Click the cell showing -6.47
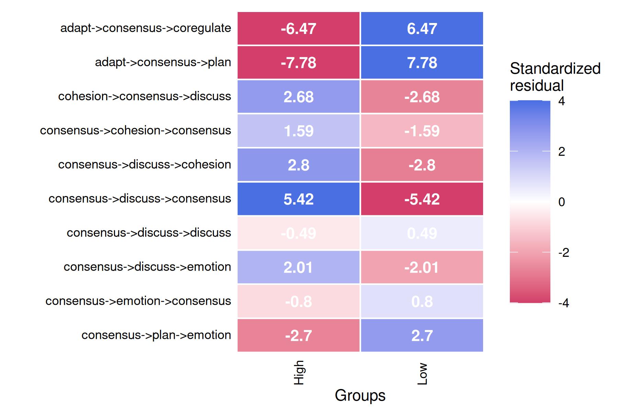[x=298, y=28]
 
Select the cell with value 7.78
[x=422, y=62]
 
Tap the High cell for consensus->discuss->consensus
[x=298, y=199]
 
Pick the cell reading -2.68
[x=422, y=97]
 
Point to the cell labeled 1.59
[x=298, y=131]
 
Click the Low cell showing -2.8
[x=422, y=165]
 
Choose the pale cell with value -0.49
[x=298, y=233]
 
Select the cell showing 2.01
[x=298, y=267]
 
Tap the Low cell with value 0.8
[x=422, y=301]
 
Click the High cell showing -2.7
[x=298, y=335]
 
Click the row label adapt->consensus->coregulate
[x=146, y=28]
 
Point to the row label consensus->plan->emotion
[x=156, y=335]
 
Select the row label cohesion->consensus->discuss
[x=145, y=96]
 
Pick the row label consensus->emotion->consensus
[x=138, y=301]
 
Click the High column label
[x=299, y=373]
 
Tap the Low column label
[x=423, y=374]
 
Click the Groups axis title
[x=360, y=396]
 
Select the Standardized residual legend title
[x=555, y=77]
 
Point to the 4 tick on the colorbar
[x=562, y=101]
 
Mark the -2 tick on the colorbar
[x=563, y=253]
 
